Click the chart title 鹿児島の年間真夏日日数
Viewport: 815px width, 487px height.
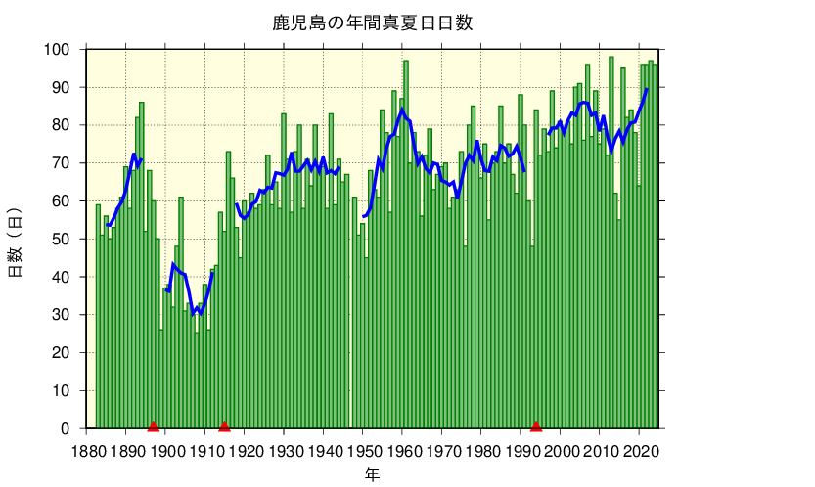pos(372,22)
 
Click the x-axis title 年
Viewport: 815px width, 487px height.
pos(372,475)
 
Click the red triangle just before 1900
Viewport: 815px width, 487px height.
pos(154,425)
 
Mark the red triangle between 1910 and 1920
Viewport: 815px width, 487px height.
pos(224,425)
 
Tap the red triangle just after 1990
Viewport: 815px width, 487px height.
pos(535,425)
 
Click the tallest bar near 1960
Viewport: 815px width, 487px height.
pos(406,244)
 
